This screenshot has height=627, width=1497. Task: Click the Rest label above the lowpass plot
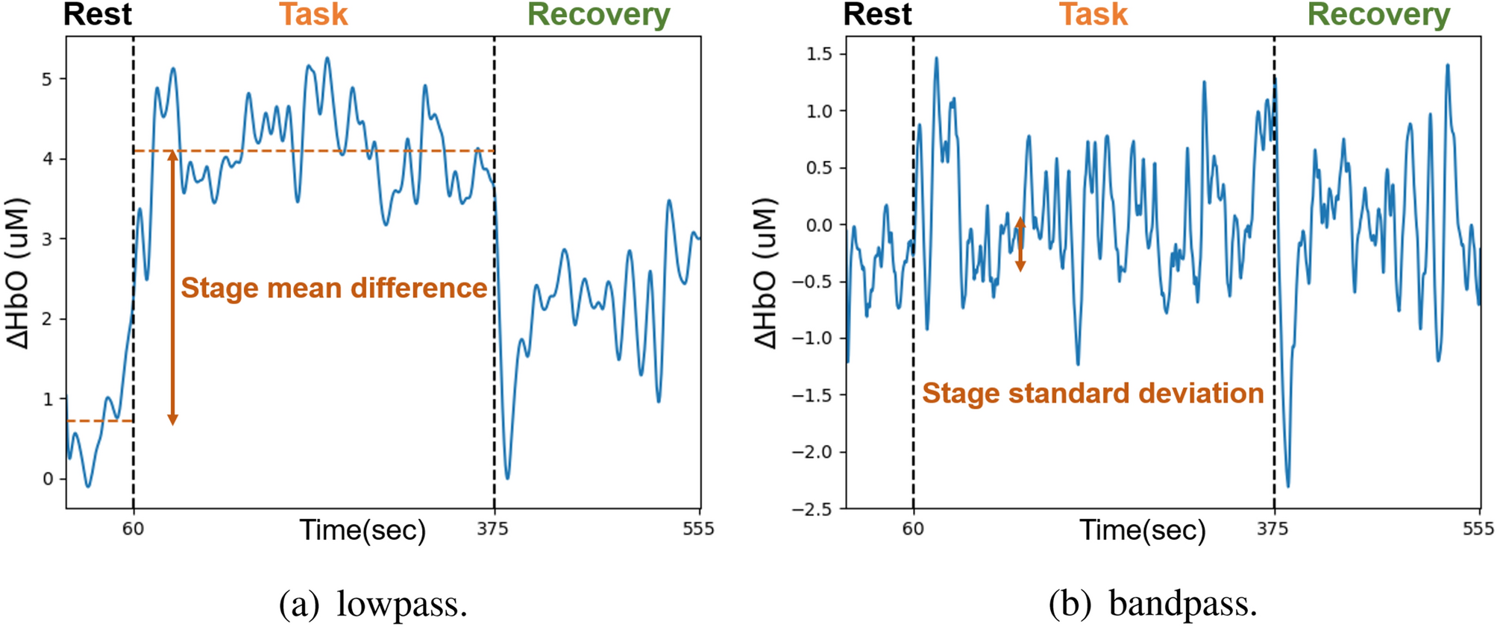[x=97, y=15]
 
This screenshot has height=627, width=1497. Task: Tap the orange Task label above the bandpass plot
[x=1093, y=15]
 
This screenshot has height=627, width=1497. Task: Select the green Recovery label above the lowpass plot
[x=598, y=15]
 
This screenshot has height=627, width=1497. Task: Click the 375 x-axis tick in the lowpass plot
[x=493, y=529]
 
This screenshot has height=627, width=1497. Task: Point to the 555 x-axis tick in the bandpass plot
[x=1478, y=529]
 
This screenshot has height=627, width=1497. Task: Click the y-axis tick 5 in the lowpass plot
[x=47, y=79]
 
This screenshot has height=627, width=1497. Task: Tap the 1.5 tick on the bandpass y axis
[x=819, y=54]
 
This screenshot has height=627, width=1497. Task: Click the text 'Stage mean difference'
[x=333, y=288]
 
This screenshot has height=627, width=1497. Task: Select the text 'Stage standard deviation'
[x=1093, y=393]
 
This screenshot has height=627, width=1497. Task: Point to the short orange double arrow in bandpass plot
[x=1020, y=244]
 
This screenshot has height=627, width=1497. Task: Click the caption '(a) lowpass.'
[x=373, y=603]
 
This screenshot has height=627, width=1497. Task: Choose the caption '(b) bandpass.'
[x=1153, y=603]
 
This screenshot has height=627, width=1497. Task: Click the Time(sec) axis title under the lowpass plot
[x=363, y=530]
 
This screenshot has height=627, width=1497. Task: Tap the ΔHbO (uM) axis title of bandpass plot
[x=766, y=274]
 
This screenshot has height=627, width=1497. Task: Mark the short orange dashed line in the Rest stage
[x=99, y=421]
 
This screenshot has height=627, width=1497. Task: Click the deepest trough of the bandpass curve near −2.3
[x=1288, y=486]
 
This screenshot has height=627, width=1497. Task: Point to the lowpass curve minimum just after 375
[x=508, y=477]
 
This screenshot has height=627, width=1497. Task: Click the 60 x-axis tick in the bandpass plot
[x=913, y=529]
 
